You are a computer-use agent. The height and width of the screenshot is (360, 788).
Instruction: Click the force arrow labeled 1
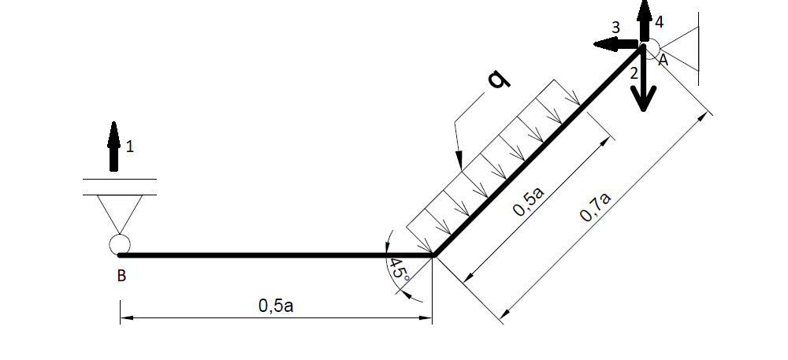point(114,147)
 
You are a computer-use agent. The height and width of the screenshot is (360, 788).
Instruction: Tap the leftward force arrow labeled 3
point(617,45)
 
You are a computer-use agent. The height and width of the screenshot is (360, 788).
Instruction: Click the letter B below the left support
point(121,276)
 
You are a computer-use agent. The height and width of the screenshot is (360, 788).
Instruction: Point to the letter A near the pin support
point(663,61)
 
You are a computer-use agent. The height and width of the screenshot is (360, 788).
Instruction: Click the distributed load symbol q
point(499,80)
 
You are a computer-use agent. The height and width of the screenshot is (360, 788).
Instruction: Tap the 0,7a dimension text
point(596,206)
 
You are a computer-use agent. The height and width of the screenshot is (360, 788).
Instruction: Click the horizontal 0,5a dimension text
point(275,306)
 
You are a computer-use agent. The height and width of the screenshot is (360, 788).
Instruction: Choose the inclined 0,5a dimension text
point(529,201)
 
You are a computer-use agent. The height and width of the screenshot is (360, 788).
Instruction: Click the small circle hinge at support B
point(120,244)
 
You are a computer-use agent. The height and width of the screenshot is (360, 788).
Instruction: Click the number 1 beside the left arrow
point(130,147)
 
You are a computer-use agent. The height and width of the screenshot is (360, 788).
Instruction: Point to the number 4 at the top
point(659,22)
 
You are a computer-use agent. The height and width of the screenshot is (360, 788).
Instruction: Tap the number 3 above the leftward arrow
point(616,28)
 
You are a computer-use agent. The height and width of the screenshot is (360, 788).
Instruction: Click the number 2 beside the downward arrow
point(634,73)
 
